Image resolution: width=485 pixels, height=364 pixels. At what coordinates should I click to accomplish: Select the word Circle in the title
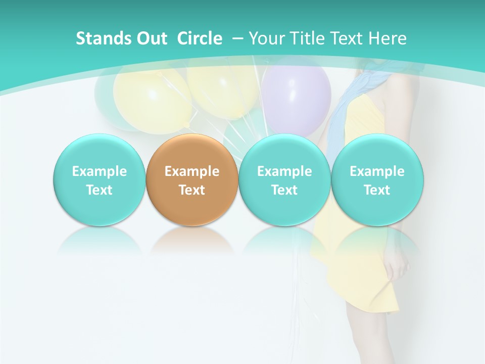200,38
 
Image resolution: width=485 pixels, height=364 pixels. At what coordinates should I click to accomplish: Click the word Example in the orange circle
192,171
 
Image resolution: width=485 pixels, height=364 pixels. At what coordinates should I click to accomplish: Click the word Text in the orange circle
192,190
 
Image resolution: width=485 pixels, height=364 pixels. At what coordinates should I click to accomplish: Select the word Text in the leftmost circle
100,190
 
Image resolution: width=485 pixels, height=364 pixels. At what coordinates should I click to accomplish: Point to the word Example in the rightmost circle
377,171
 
